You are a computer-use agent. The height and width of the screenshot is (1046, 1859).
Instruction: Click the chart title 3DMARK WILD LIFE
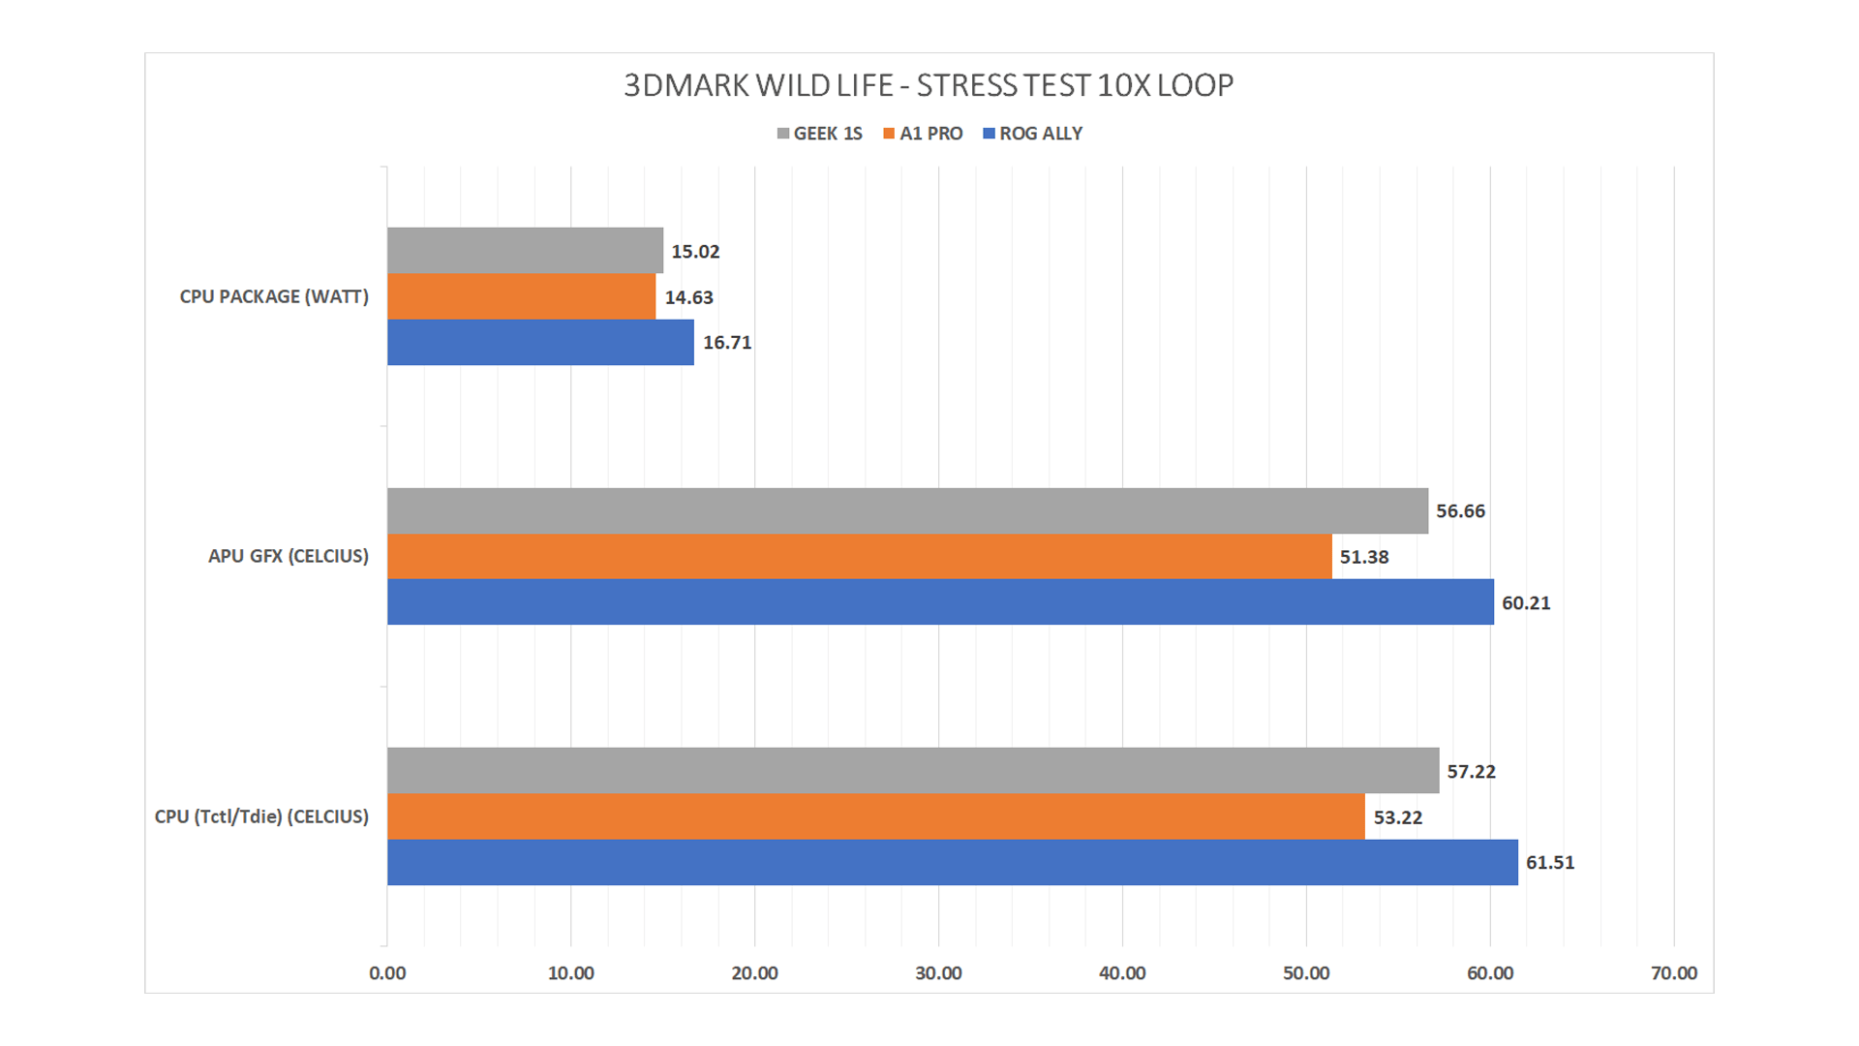(928, 86)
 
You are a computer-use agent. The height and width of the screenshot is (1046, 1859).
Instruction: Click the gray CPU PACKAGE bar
(525, 250)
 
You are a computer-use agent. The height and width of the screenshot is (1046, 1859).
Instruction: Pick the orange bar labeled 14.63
(521, 296)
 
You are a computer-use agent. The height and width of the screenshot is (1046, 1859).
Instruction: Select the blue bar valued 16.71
(540, 342)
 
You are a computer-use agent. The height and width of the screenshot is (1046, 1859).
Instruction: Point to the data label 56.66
(1460, 511)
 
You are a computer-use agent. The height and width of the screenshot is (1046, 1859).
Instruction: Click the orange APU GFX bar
(859, 557)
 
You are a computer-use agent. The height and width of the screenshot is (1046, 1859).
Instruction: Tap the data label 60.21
(1526, 603)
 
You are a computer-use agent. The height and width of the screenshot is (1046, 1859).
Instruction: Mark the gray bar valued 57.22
(913, 771)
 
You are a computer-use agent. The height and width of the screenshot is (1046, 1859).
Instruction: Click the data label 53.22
(1398, 817)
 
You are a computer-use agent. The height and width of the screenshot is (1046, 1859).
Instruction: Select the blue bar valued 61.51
(952, 862)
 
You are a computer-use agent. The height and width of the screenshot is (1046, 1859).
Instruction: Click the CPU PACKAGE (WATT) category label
(274, 297)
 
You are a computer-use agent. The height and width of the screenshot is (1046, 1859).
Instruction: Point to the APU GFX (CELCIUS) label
(289, 557)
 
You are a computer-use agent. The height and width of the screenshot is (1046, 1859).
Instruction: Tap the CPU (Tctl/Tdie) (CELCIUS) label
(261, 816)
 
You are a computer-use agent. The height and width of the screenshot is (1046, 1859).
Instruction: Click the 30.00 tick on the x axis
(938, 973)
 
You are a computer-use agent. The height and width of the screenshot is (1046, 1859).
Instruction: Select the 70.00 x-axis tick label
(1673, 973)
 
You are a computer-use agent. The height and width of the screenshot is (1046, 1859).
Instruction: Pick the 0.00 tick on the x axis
(387, 973)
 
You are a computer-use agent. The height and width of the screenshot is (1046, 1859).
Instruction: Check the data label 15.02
(695, 252)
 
